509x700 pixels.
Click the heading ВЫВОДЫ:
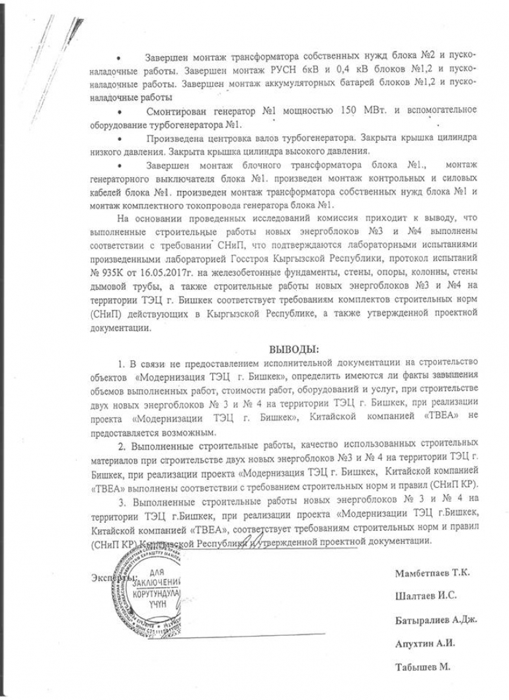(x=294, y=348)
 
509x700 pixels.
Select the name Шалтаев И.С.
(x=426, y=596)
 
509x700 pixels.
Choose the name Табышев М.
(x=422, y=667)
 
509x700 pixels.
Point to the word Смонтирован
(x=171, y=109)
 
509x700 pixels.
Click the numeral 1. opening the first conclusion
(x=121, y=364)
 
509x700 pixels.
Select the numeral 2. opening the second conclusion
(x=121, y=447)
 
